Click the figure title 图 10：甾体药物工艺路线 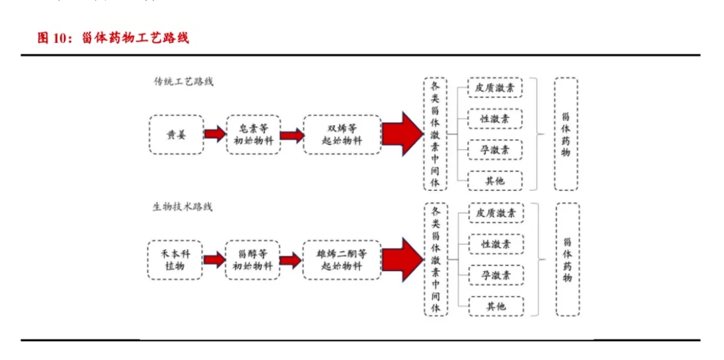(x=113, y=38)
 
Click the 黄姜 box (x=176, y=135)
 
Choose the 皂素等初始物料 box (x=254, y=135)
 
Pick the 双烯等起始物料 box (x=341, y=135)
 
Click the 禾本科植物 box (x=175, y=259)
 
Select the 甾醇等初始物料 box (x=253, y=259)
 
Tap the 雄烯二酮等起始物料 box (x=341, y=259)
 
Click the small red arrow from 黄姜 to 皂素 (x=215, y=135)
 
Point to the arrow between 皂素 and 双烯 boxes (x=292, y=135)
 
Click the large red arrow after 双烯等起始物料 (x=402, y=134)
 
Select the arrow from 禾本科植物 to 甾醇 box (x=214, y=259)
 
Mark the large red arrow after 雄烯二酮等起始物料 (x=402, y=259)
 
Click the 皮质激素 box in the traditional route (x=495, y=88)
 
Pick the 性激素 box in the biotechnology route (x=496, y=244)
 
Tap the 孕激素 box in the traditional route (x=495, y=150)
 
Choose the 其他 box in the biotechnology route (x=496, y=306)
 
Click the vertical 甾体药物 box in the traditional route (x=566, y=135)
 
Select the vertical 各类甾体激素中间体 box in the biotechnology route (x=436, y=259)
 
